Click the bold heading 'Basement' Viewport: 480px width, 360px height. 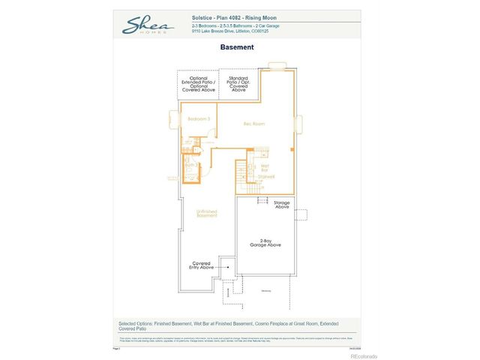click(237, 47)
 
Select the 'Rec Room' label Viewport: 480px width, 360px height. click(254, 124)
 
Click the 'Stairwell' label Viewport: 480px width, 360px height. click(266, 176)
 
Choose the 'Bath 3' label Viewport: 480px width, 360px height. click(190, 165)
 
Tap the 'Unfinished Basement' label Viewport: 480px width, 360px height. click(207, 214)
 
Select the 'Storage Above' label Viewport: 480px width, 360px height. click(281, 205)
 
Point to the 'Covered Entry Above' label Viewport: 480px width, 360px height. click(201, 265)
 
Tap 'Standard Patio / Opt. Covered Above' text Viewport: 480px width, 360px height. click(238, 82)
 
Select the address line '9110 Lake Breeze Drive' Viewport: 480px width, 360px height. click(233, 32)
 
